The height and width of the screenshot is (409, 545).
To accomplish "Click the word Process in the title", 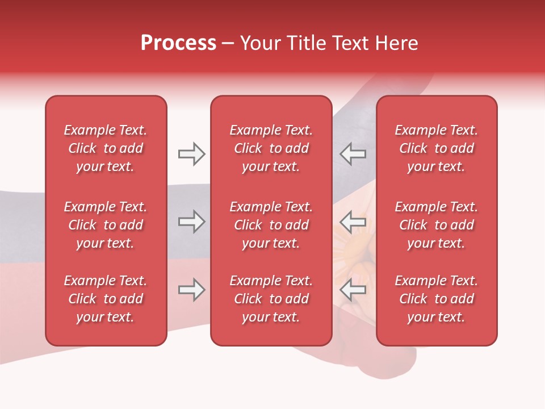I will tap(178, 43).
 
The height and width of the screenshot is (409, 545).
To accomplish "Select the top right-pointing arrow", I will tap(191, 154).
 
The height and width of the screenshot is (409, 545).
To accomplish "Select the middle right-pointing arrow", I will tap(191, 222).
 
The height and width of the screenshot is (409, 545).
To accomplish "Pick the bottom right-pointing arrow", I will tap(191, 290).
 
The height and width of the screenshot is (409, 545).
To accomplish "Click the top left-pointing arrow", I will tap(353, 154).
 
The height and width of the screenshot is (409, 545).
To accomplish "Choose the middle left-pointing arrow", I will tap(353, 222).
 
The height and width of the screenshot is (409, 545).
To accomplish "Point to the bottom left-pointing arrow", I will tap(353, 290).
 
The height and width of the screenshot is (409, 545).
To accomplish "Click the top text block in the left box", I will tap(106, 148).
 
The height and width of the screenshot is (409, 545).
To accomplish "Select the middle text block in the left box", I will tap(106, 225).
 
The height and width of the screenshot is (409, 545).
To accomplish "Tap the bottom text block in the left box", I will tap(106, 299).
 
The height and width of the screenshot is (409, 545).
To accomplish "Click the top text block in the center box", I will tap(271, 148).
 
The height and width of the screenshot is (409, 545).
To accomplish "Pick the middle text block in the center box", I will tap(271, 225).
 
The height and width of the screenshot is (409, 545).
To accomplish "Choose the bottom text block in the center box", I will tap(271, 299).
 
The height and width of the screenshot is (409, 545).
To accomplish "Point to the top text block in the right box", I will tap(437, 148).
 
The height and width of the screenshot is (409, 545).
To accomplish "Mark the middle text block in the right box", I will tap(437, 225).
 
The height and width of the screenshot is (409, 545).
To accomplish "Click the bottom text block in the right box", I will tap(437, 299).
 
